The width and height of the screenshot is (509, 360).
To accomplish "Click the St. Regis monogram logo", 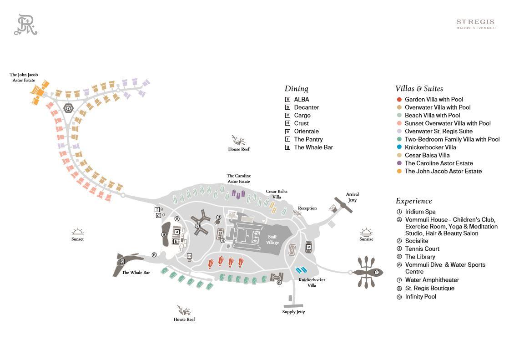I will coord(25,25).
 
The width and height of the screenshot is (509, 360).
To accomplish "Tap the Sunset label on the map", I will coord(77,239).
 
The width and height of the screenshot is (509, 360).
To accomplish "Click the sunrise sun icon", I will coord(366,232).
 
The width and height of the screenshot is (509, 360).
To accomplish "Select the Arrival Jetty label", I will coord(352,197).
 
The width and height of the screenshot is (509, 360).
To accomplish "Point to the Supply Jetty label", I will coord(293,312).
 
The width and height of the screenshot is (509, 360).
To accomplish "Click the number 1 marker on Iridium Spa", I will coord(376,273).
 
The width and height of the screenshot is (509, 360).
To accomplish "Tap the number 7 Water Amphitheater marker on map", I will coord(68,108).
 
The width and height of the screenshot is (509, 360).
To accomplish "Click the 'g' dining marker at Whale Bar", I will coord(122,262).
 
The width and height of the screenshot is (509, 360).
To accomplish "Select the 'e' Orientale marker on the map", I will coord(308,247).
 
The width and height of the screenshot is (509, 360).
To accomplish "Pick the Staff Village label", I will coord(272,239).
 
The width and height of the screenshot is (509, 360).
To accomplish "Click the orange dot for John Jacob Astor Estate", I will coord(399,171).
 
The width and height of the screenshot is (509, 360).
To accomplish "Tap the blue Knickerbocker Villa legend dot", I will coord(399,147).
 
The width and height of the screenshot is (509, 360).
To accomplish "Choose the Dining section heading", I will coord(296,89).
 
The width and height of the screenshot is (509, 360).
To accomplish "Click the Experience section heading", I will coord(413,201).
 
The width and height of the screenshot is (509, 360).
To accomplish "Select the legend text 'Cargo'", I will coord(302,115).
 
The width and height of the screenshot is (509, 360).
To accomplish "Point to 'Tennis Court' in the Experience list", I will coord(422,248).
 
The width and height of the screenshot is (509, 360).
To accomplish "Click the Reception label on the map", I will coord(307,208).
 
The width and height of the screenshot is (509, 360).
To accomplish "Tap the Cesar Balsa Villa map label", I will coord(277,194).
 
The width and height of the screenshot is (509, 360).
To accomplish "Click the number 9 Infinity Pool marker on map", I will coord(164,235).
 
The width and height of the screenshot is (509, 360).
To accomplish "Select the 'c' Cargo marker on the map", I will coord(189,256).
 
